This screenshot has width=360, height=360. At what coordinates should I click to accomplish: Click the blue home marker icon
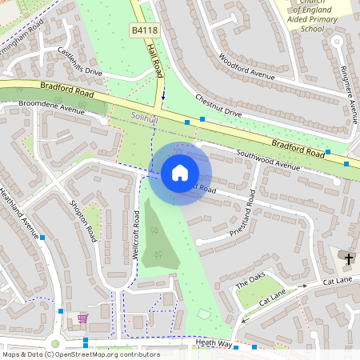click(x=179, y=172)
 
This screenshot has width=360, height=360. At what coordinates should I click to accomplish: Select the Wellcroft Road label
click(x=137, y=244)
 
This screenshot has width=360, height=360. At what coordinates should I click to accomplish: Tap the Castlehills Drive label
click(x=80, y=62)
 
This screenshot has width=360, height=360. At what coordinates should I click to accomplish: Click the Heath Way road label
click(x=214, y=343)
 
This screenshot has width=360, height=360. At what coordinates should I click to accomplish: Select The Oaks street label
click(x=250, y=283)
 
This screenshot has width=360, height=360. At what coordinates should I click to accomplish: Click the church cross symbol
click(x=348, y=258)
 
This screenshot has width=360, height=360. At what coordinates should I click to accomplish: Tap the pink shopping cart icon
click(x=82, y=318)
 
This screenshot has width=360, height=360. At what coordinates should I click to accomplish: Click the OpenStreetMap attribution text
click(x=80, y=354)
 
